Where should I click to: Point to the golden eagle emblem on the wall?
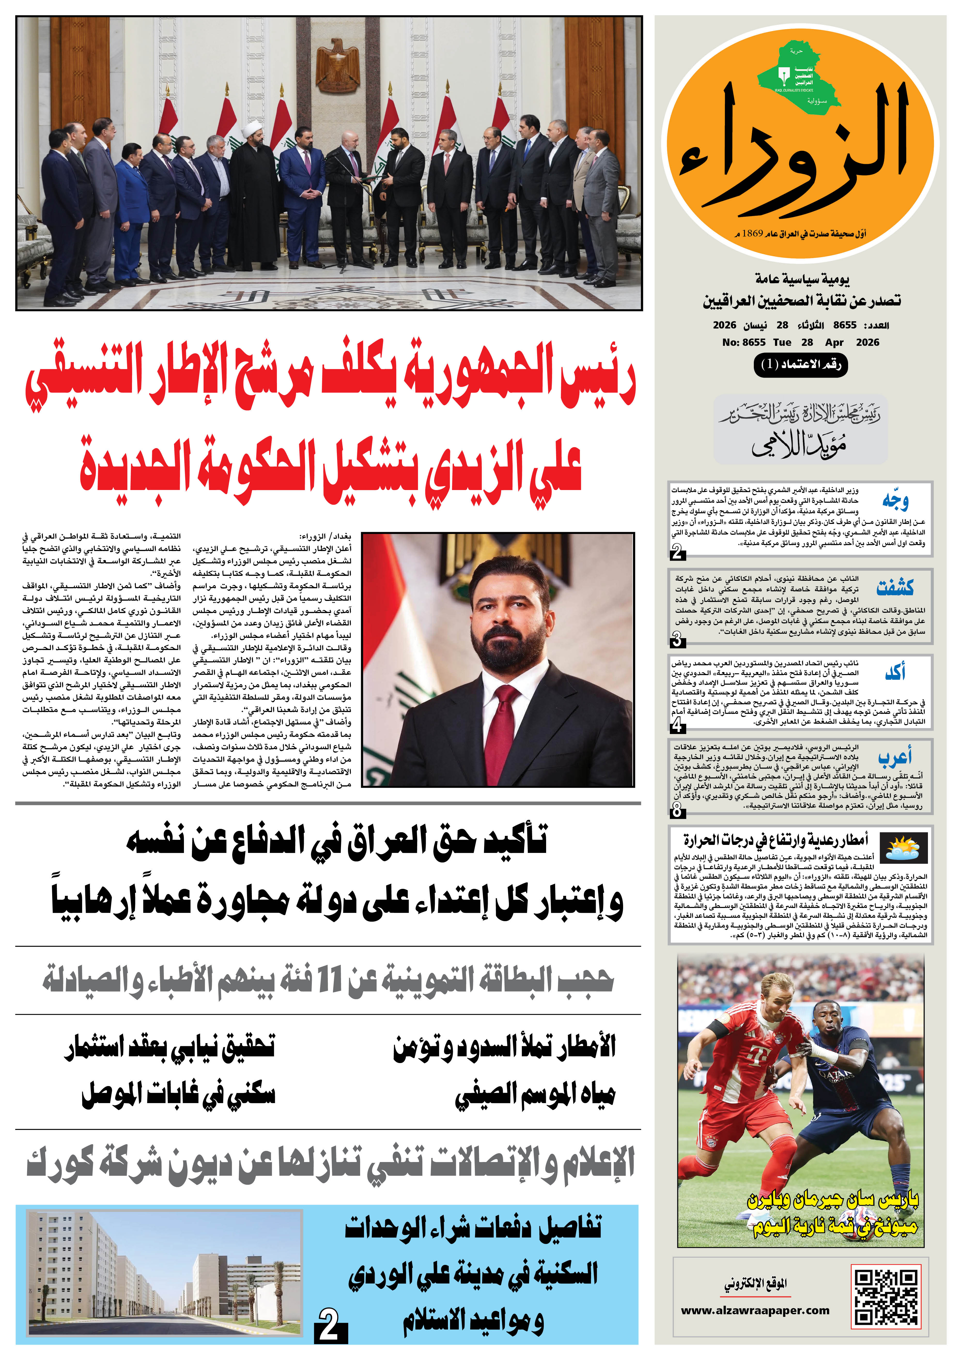pyautogui.click(x=337, y=65)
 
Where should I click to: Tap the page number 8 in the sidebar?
pyautogui.click(x=677, y=810)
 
